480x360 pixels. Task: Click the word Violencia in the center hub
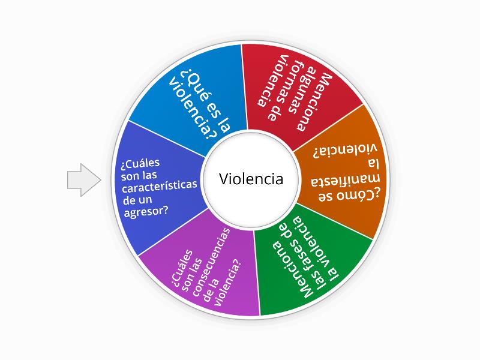click(x=251, y=179)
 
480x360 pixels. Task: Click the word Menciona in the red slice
click(x=322, y=102)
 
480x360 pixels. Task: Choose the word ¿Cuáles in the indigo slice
click(x=137, y=163)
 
